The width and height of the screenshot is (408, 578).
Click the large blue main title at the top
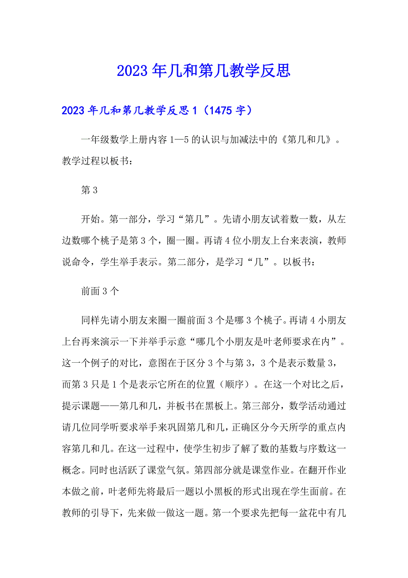pos(204,70)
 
